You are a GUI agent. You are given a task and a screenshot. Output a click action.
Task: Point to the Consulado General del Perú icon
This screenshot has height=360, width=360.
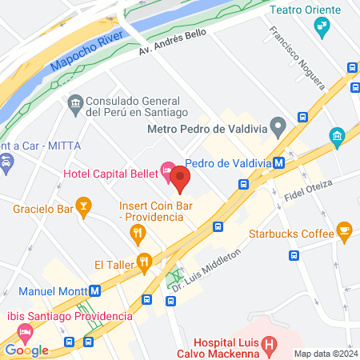pos(75,102)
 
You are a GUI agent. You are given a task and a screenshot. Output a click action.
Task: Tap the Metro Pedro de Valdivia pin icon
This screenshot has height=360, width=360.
pos(278,125)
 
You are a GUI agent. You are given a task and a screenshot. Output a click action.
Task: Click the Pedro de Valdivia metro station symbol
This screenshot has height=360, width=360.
pos(279,162)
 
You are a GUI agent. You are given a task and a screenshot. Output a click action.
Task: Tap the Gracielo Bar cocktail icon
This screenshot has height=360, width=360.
pos(82,210)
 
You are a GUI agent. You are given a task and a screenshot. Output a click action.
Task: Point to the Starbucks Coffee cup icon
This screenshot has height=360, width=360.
pos(345,232)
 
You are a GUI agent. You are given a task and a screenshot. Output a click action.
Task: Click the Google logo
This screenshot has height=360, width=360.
pos(26,350)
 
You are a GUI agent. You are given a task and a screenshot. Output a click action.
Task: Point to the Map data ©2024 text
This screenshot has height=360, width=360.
pos(326,354)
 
